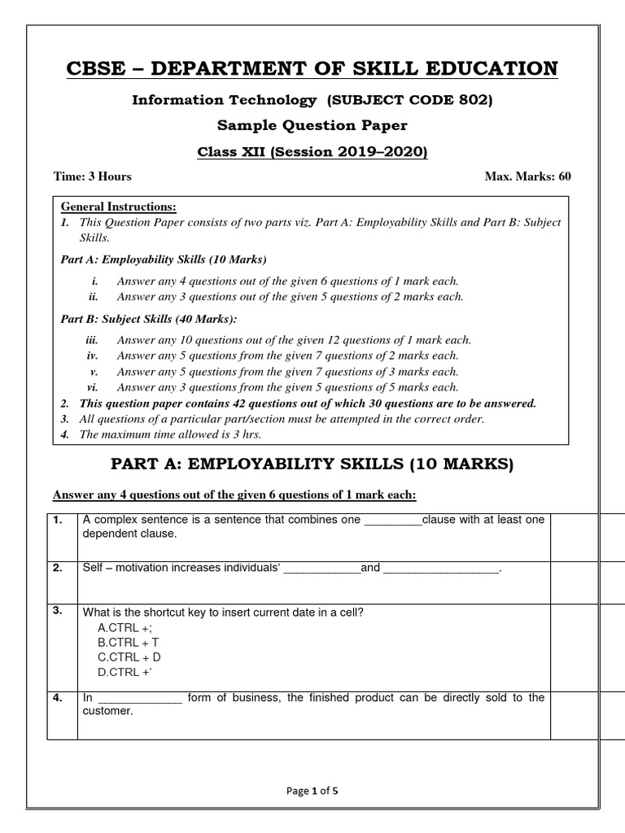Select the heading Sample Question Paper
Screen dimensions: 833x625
click(x=312, y=126)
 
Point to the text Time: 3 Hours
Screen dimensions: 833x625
click(x=92, y=177)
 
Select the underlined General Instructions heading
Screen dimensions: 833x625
click(x=118, y=207)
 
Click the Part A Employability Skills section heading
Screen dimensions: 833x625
click(x=312, y=464)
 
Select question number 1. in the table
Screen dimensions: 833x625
click(x=58, y=520)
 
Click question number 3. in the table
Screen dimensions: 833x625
click(x=58, y=611)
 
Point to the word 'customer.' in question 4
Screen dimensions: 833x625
click(x=107, y=711)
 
